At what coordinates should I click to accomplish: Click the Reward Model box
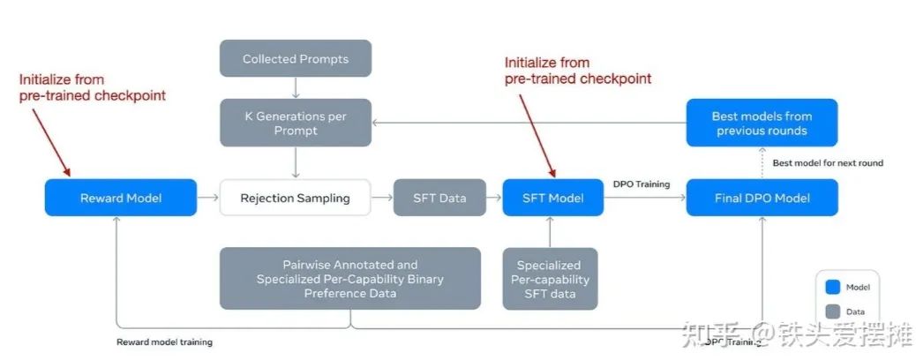[121, 198]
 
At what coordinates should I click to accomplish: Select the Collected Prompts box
[296, 59]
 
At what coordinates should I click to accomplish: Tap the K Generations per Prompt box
[296, 123]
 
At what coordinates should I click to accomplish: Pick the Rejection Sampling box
[296, 198]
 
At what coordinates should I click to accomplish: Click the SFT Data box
[439, 198]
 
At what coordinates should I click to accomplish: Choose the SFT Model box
[552, 198]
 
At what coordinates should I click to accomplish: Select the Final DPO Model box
[762, 198]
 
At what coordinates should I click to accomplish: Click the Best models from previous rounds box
[762, 123]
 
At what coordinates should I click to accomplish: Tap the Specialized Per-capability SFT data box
[549, 278]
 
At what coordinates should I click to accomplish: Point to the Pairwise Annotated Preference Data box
[350, 278]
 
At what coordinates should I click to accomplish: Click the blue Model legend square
[831, 287]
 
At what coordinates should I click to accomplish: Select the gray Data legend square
[831, 311]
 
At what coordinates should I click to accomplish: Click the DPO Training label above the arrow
[642, 184]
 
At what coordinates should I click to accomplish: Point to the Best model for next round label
[828, 163]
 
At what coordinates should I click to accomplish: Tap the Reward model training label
[165, 341]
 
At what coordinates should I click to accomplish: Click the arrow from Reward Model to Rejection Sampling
[208, 198]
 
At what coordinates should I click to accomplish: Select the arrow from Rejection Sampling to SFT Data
[382, 198]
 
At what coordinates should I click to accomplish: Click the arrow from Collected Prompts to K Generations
[296, 87]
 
